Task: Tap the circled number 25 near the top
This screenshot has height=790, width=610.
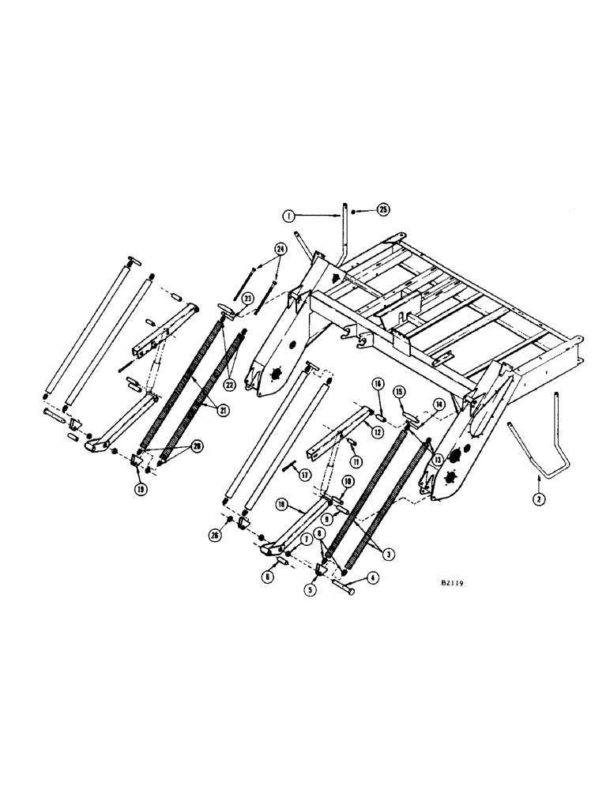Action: (x=382, y=210)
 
